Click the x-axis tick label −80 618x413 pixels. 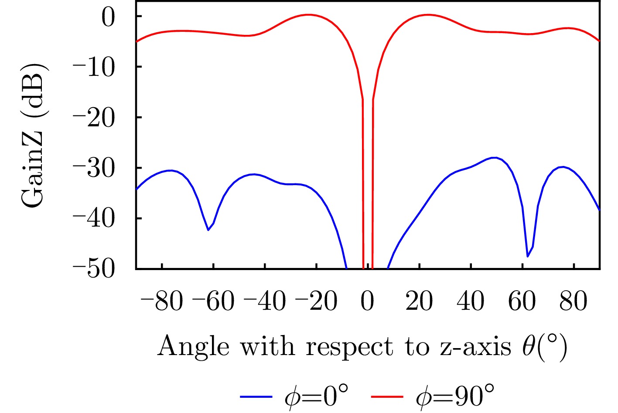pyautogui.click(x=162, y=301)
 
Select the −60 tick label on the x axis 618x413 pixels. pyautogui.click(x=213, y=301)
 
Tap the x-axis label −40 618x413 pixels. pyautogui.click(x=265, y=301)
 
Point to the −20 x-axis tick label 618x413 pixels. pyautogui.click(x=316, y=301)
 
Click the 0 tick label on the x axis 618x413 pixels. pyautogui.click(x=368, y=301)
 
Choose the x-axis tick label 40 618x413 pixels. pyautogui.click(x=471, y=301)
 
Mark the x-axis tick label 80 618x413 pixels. pyautogui.click(x=574, y=301)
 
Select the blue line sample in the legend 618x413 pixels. pyautogui.click(x=256, y=396)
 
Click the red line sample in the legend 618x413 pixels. pyautogui.click(x=387, y=396)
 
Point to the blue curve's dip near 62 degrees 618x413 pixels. pyautogui.click(x=528, y=256)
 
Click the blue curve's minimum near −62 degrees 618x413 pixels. pyautogui.click(x=208, y=230)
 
